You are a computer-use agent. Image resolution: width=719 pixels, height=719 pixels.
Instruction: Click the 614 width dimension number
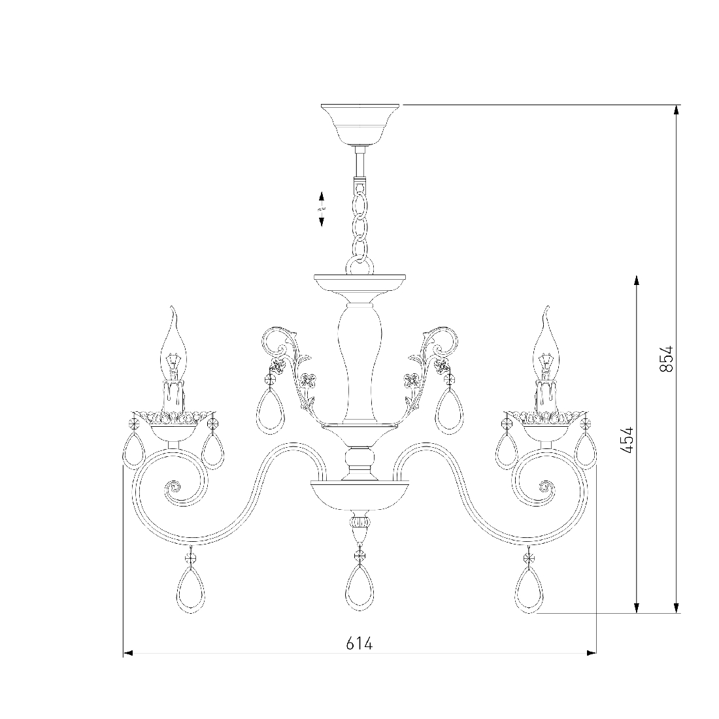(x=359, y=643)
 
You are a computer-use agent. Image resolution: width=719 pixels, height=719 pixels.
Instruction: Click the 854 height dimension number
(x=666, y=358)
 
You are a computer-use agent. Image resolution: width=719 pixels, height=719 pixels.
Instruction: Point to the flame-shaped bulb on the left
(x=173, y=343)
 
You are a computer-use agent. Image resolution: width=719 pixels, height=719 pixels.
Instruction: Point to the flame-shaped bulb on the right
(x=546, y=343)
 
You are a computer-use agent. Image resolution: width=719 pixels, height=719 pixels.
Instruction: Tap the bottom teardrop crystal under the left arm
(x=192, y=588)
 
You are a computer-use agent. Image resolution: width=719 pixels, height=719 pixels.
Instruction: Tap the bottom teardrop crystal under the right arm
(x=529, y=588)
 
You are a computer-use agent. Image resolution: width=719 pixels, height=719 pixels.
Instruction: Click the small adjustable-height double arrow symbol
(x=322, y=209)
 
